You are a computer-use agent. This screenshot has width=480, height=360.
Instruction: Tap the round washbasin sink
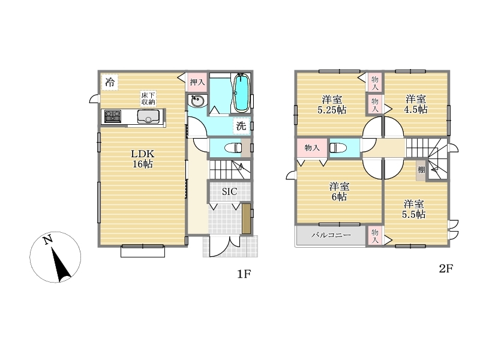tap(196, 100)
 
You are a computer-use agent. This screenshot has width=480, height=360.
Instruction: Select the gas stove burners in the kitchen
tap(112, 116)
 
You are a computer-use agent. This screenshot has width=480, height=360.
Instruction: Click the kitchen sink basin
tap(148, 116)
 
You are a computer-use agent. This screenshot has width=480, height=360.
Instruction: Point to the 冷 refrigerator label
tap(110, 82)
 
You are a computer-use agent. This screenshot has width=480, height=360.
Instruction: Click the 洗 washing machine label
tap(241, 125)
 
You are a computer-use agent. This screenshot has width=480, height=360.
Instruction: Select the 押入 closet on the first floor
tap(197, 82)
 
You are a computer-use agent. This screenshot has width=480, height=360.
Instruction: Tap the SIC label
tap(229, 191)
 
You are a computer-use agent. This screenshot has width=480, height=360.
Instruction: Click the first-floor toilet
tap(233, 148)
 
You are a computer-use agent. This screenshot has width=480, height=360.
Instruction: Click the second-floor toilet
tap(338, 148)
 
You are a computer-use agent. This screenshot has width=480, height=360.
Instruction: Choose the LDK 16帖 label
tap(143, 158)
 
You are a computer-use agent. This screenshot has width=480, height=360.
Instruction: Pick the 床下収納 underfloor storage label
tap(148, 98)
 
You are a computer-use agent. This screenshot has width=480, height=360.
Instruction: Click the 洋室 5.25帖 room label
tap(332, 104)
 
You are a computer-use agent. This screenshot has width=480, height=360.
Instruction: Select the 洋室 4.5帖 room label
tap(416, 104)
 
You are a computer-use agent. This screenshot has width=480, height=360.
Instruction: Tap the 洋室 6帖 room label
tap(339, 191)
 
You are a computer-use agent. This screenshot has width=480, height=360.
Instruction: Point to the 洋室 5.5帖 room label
tap(413, 209)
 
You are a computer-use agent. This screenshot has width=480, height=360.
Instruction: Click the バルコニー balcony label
tap(331, 235)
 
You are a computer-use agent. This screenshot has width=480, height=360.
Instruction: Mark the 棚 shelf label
tap(421, 170)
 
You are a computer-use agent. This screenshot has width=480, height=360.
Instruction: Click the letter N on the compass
tap(47, 239)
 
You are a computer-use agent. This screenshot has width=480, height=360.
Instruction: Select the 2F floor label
tap(446, 268)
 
